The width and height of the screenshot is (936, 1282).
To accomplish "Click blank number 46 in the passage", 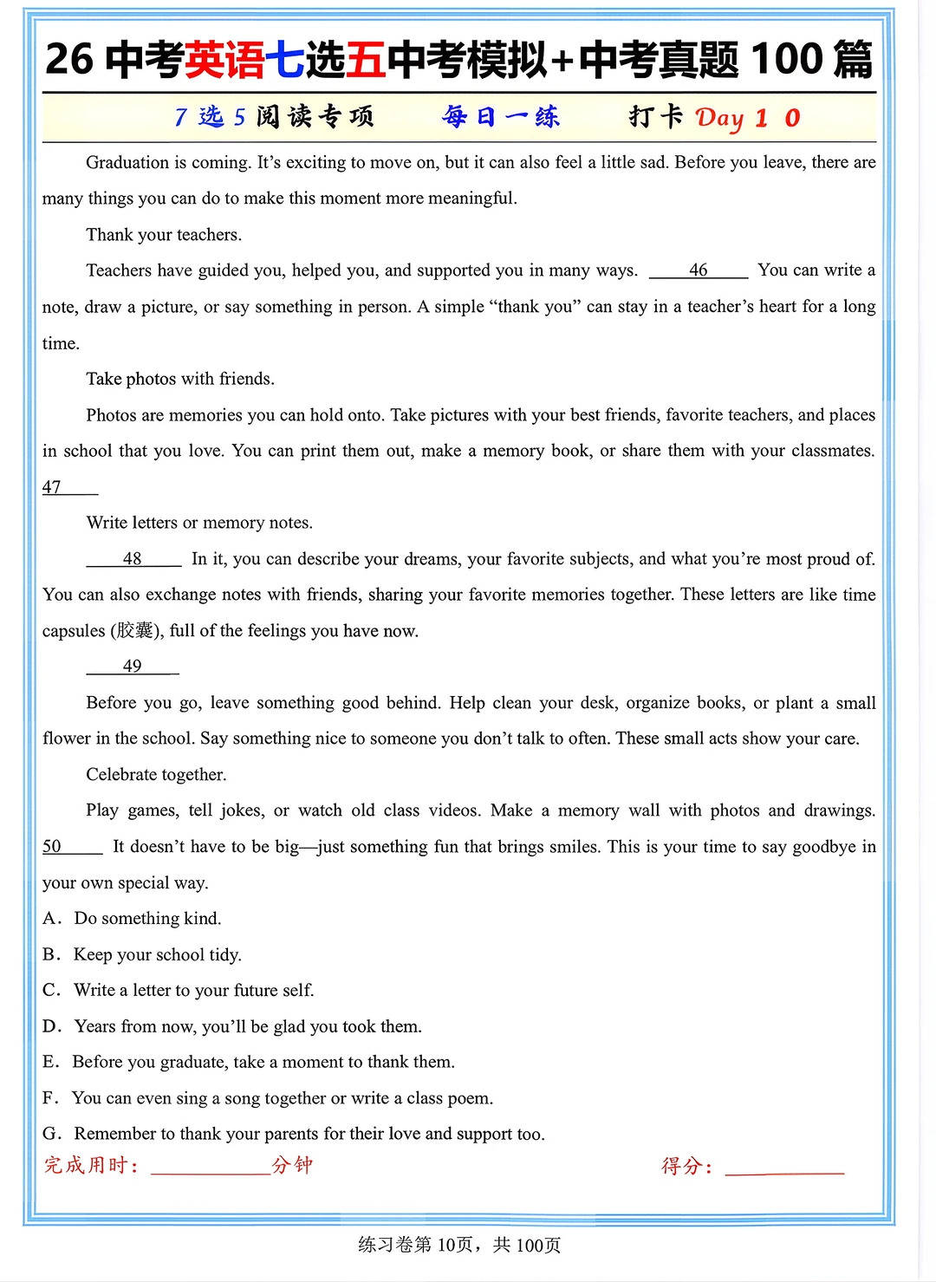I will click(x=698, y=270).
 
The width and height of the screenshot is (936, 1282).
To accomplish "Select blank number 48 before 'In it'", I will click(x=133, y=559).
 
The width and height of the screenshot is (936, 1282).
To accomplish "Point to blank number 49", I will click(x=133, y=667).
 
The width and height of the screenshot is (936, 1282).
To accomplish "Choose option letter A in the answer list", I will click(x=51, y=919).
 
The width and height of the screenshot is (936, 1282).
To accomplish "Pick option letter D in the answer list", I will click(x=51, y=1026).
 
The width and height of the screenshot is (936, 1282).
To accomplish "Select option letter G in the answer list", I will click(x=51, y=1134).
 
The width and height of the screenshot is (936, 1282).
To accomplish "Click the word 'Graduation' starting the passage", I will click(x=127, y=163).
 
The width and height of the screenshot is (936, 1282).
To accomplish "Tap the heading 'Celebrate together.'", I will click(x=156, y=775).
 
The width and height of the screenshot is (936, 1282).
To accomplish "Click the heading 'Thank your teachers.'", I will click(x=164, y=235).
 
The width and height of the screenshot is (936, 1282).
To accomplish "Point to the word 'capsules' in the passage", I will click(x=74, y=631).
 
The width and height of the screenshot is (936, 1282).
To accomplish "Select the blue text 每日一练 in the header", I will click(x=501, y=117).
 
